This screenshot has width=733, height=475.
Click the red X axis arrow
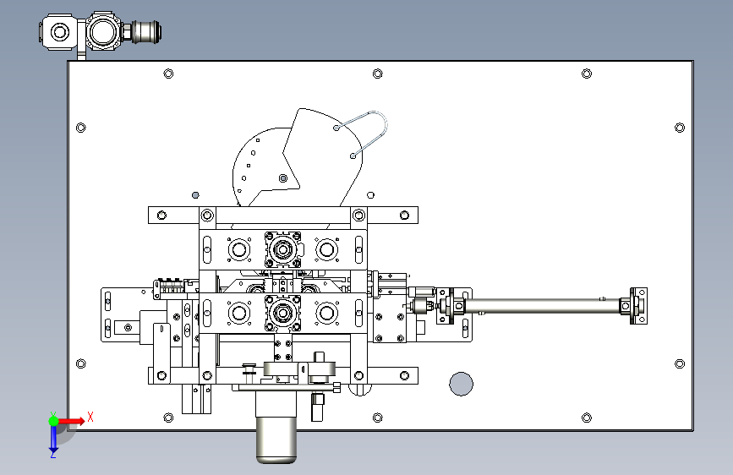71,421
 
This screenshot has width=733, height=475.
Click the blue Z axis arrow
53,440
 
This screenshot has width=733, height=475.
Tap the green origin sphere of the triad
53,421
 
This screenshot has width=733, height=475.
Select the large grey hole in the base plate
461,384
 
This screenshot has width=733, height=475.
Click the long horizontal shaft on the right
542,306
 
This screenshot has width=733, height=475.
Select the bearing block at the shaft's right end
637,306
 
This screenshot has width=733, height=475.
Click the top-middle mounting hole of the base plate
378,74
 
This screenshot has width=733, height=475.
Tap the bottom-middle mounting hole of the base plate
378,418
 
